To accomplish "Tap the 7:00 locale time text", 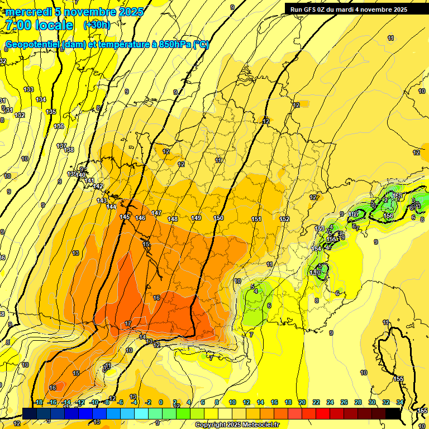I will click(x=39, y=26).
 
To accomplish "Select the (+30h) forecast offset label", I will click(x=97, y=25).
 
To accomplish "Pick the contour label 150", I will click(x=218, y=218).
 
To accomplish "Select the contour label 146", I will click(x=140, y=218).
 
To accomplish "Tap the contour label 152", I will click(x=284, y=220).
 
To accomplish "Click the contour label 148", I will click(x=173, y=219).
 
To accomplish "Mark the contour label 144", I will click(x=111, y=207).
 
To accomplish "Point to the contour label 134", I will click(x=41, y=99).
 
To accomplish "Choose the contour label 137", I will click(x=61, y=146).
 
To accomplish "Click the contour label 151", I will click(x=256, y=219).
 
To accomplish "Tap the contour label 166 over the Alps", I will click(x=388, y=216).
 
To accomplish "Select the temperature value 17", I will click(x=128, y=324).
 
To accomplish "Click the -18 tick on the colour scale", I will click(x=39, y=402).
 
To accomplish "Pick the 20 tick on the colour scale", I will click(x=302, y=402).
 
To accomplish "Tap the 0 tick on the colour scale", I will click(x=161, y=402).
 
